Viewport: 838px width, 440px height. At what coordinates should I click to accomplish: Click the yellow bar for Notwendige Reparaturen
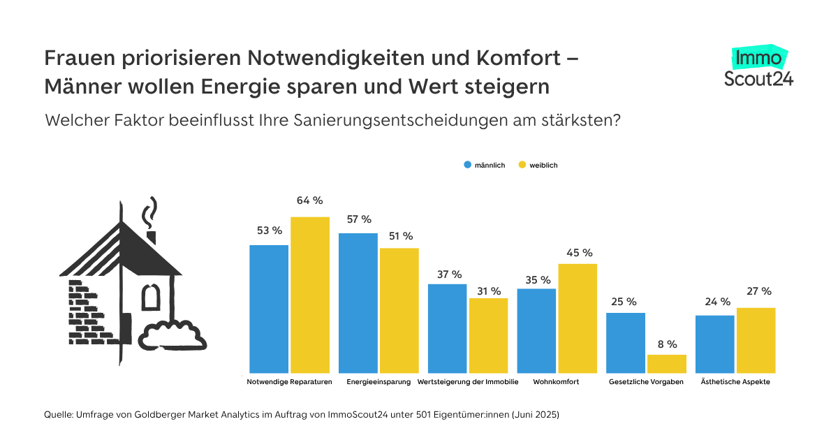310,295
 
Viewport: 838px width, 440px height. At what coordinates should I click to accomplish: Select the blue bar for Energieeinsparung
358,302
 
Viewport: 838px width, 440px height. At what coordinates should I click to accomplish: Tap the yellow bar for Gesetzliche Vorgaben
667,364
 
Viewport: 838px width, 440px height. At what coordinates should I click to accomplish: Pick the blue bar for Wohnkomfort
536,330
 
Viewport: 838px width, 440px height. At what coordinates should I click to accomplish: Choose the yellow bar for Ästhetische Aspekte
756,340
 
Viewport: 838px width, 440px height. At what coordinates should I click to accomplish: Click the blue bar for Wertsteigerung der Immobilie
447,328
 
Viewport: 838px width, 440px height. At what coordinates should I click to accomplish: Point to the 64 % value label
309,201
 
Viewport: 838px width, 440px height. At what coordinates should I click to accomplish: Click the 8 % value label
667,344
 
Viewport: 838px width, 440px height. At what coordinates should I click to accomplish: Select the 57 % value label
358,219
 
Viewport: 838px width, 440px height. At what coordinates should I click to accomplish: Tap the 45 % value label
578,253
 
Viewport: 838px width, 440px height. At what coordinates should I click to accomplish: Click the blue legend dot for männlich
468,165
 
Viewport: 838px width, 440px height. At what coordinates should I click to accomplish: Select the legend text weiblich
543,166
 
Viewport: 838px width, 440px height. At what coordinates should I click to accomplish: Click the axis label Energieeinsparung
378,383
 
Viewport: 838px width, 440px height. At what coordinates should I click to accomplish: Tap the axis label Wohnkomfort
556,383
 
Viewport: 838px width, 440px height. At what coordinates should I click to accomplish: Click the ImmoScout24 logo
758,67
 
